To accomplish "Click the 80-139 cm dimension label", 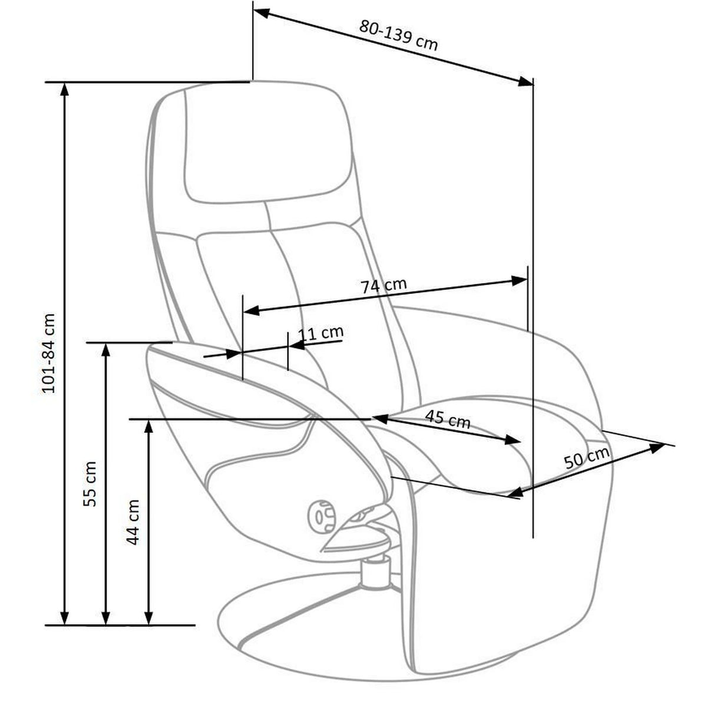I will pos(398,35).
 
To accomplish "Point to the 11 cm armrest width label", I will pos(322,333).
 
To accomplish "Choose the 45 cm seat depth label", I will pos(448,419).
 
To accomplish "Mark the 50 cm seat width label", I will pos(586,458).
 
